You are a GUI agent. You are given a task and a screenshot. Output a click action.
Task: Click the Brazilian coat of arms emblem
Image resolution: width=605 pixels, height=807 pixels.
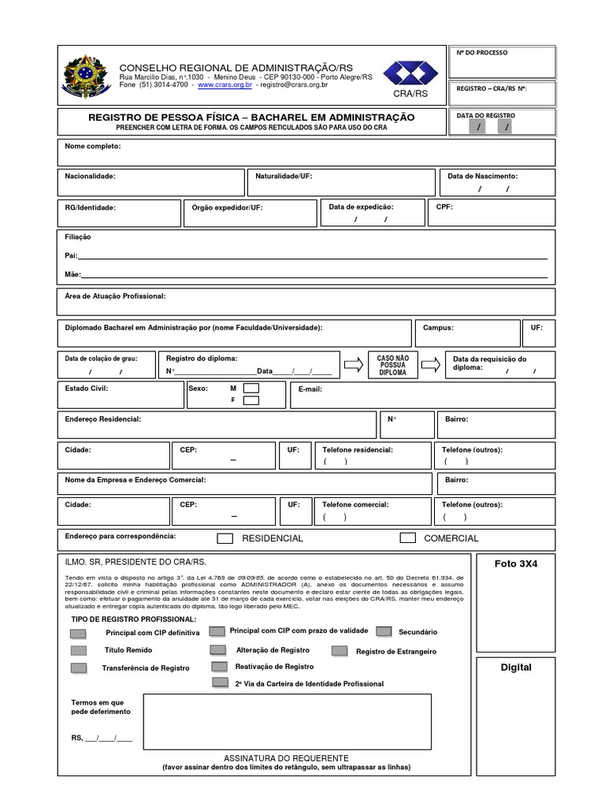point(82,76)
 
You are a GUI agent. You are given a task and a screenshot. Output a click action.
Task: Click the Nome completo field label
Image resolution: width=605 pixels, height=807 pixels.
point(92,147)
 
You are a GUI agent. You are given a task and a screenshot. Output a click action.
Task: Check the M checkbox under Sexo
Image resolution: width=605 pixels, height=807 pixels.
point(251,389)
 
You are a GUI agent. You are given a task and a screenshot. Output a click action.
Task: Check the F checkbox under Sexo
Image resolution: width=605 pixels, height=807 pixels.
point(251,400)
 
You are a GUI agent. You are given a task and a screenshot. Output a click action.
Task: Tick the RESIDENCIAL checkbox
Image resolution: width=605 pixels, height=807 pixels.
point(225,538)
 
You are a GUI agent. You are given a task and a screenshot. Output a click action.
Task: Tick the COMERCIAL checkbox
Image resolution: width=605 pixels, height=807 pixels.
point(407,538)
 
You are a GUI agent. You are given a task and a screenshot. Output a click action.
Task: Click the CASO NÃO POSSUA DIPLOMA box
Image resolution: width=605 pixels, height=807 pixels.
point(392,365)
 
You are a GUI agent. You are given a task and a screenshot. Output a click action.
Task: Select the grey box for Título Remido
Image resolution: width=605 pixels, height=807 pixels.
point(79,651)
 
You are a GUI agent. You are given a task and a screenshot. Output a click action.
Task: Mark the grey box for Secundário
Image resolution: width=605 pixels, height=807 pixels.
point(384,631)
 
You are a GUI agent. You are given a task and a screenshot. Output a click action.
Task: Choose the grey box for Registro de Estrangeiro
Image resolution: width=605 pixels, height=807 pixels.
point(340,651)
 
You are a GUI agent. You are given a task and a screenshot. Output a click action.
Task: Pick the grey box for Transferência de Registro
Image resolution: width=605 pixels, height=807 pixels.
point(79,668)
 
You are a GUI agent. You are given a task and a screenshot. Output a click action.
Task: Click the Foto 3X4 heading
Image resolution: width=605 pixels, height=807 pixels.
point(516,563)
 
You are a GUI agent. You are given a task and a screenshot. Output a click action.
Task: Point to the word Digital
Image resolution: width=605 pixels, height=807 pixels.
point(516,668)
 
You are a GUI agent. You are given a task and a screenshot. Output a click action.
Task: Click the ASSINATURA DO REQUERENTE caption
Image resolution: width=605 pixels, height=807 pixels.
point(286,757)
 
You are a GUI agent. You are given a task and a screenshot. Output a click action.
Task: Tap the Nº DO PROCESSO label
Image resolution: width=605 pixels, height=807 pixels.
point(482,53)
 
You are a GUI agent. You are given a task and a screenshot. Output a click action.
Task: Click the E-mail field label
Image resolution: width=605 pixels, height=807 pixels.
point(310,389)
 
